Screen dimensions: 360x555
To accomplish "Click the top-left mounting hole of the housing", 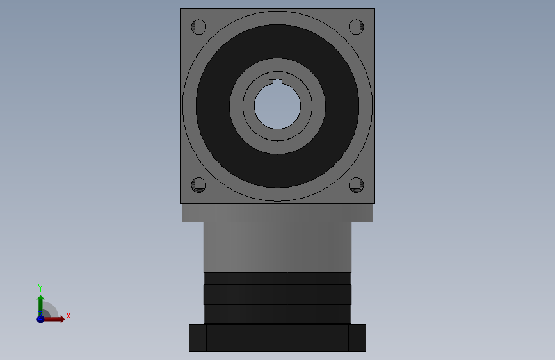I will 198,28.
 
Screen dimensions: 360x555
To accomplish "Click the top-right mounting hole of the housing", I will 356,28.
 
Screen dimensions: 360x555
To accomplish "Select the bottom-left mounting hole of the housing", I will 198,185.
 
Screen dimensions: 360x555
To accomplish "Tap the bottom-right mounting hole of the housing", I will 356,185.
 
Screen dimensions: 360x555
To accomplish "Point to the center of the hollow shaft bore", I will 277,106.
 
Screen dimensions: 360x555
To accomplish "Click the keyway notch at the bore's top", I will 275,81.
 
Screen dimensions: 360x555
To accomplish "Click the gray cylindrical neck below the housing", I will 277,247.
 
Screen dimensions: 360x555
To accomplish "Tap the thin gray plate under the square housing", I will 277,213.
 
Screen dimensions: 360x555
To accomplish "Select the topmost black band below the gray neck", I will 277,279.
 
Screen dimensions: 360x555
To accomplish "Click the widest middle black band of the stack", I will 277,295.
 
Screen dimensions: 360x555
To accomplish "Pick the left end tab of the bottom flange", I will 198,338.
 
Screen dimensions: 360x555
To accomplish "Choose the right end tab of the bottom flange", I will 357,338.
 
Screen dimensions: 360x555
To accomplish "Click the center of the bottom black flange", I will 277,338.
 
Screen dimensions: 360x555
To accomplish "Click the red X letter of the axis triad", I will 68,316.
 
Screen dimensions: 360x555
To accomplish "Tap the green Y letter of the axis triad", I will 40,288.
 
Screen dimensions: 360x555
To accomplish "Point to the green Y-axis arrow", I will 40,303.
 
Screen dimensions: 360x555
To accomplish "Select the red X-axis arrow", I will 55,318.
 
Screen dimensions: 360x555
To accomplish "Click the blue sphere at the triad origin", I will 40,318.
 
